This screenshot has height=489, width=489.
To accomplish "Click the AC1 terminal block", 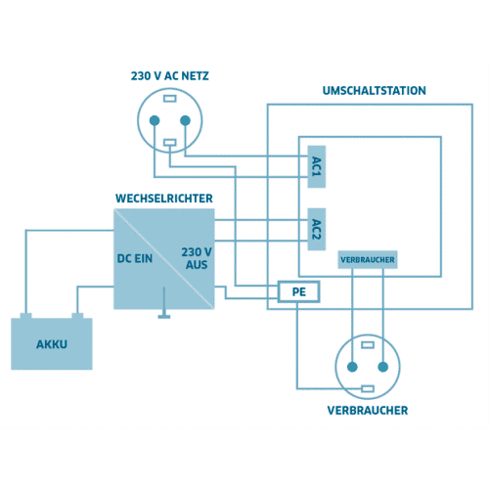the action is coord(317,166).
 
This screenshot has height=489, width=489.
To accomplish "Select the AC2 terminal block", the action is coord(317,229).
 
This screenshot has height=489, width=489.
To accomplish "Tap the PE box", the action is coord(298,291).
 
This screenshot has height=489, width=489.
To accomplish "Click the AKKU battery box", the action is coord(52,344).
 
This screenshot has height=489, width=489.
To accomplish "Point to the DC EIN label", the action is coord(135,258).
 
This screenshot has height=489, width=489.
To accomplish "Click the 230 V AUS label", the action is coord(197,258).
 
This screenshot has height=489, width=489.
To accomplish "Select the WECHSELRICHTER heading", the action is coord(164,199).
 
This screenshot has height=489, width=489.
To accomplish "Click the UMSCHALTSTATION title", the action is coord(375,91).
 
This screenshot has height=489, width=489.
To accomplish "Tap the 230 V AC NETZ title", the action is coord(169,76).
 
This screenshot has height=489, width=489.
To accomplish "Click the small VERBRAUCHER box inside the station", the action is coord(368,260).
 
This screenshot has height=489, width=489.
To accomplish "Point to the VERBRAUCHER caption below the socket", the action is coord(368,411).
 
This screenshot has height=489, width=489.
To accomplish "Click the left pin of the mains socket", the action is coord(155,120).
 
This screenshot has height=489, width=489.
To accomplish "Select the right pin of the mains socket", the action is coord(185,120).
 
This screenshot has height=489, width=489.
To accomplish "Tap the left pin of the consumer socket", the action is coord(352,367).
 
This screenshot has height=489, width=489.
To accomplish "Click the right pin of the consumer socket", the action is coord(383,367).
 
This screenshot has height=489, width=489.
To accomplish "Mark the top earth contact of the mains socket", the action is coord(170,99).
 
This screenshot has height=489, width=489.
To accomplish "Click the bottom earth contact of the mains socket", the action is coord(170,143).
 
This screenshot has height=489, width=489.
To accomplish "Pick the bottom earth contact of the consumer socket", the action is coord(368,388).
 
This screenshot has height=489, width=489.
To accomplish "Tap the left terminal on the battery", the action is coord(25,316).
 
